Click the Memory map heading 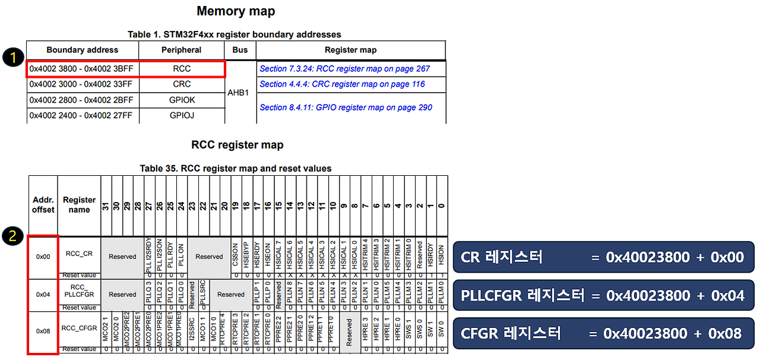click(x=236, y=11)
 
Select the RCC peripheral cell click(x=182, y=69)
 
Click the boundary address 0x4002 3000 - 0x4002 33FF click(x=81, y=84)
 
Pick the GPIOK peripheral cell click(x=182, y=100)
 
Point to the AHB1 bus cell click(x=238, y=93)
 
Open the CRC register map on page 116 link click(x=342, y=84)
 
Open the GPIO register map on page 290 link click(x=346, y=108)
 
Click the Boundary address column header click(x=82, y=50)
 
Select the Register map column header click(x=350, y=50)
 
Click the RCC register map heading click(x=237, y=145)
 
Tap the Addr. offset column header click(x=43, y=205)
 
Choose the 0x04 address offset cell click(x=43, y=294)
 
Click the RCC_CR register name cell click(x=79, y=254)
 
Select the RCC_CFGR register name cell click(x=79, y=328)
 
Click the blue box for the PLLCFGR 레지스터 click(x=603, y=295)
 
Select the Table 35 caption click(x=236, y=168)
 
